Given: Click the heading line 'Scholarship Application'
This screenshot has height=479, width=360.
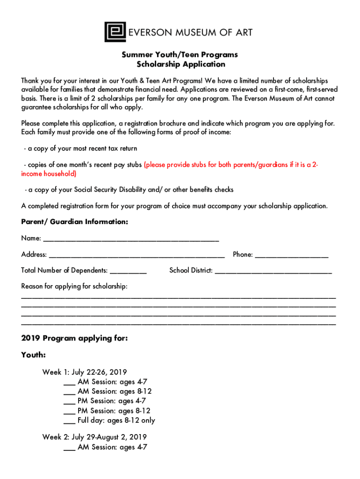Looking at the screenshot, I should coord(180,65).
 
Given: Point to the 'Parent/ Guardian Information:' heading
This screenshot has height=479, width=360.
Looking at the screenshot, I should coord(74,222).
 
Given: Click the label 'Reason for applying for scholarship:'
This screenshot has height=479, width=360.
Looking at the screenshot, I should coord(74,286).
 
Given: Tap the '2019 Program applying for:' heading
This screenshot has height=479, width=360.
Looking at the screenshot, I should coord(74,338).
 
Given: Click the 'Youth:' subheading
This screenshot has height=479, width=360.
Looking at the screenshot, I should coord(33,355).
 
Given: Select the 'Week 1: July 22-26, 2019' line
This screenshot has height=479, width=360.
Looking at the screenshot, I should coord(85,372).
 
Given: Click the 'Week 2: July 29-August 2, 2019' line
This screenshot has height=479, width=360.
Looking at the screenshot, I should coord(94,437).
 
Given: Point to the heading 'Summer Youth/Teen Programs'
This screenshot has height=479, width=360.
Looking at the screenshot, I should coord(180,55).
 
